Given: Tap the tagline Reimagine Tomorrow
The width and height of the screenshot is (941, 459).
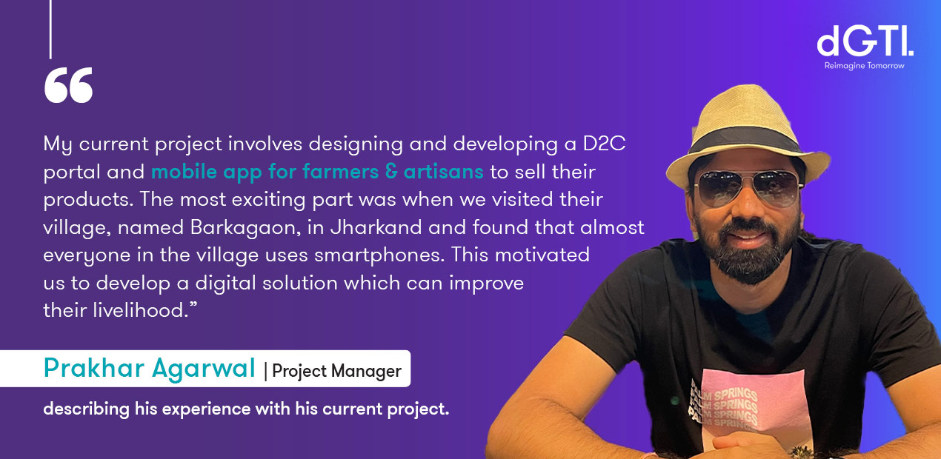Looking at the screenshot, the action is click(864, 66).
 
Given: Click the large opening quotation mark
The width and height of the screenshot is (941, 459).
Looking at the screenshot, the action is click(68, 84).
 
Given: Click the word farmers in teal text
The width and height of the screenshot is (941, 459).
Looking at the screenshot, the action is click(340, 172).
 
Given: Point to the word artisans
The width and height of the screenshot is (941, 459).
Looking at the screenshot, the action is click(444, 172).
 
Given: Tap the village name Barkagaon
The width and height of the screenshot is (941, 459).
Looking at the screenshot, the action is click(246, 228).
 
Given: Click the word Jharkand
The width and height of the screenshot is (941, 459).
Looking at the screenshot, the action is click(376, 227).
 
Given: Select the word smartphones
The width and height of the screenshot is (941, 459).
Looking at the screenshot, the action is click(379, 255).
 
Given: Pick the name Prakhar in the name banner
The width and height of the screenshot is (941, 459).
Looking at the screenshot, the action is click(94, 369).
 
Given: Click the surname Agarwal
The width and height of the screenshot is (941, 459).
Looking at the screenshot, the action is click(204, 369).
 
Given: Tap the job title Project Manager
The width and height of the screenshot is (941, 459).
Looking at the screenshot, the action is click(336, 372).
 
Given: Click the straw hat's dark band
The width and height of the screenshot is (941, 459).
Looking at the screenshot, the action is click(745, 141).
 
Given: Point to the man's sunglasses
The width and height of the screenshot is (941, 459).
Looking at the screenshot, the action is click(748, 187).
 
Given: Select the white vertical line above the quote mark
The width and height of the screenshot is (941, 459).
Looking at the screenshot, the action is click(51, 30).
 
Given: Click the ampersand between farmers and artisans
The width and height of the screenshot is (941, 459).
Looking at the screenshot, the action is click(391, 172).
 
